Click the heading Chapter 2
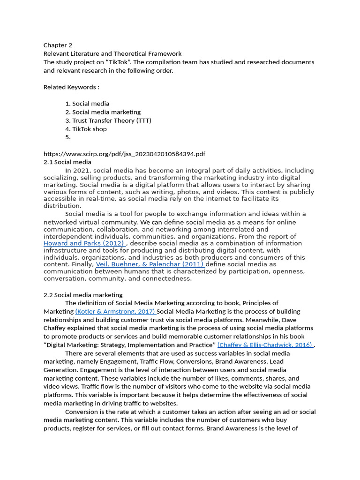click(x=58, y=45)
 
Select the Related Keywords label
click(x=71, y=87)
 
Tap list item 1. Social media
click(x=87, y=104)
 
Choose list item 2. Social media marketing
click(x=103, y=112)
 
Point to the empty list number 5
click(x=68, y=137)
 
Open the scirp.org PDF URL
click(x=124, y=154)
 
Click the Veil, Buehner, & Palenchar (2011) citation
click(x=150, y=264)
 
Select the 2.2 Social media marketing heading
click(x=83, y=295)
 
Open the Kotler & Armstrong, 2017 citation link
click(x=115, y=312)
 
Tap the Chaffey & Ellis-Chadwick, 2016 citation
click(x=265, y=345)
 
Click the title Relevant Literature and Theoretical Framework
click(x=112, y=54)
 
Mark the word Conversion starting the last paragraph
click(x=81, y=412)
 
